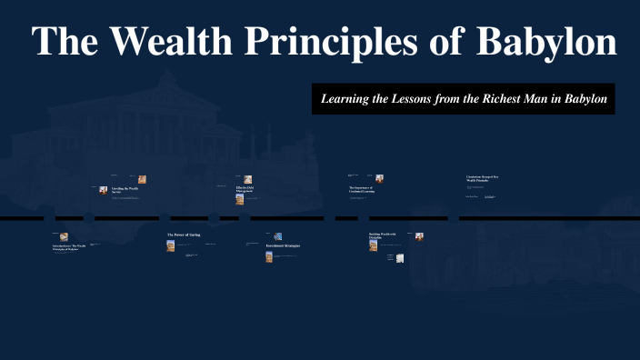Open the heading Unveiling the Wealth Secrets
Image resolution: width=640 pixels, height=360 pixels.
[125, 190]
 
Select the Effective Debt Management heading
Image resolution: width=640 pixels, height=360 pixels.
[247, 188]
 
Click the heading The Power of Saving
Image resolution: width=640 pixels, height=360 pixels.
[183, 235]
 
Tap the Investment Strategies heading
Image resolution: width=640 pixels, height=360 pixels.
[282, 246]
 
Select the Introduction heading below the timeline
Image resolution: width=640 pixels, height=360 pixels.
[69, 247]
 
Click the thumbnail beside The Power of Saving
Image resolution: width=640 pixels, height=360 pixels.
[170, 245]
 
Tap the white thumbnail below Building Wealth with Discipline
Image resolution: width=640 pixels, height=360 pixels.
[399, 258]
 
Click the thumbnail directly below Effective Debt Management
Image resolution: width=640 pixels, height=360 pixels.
[240, 199]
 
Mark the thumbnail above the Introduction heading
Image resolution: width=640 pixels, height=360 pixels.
[65, 237]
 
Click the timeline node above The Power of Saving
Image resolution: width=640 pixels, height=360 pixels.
[165, 218]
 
